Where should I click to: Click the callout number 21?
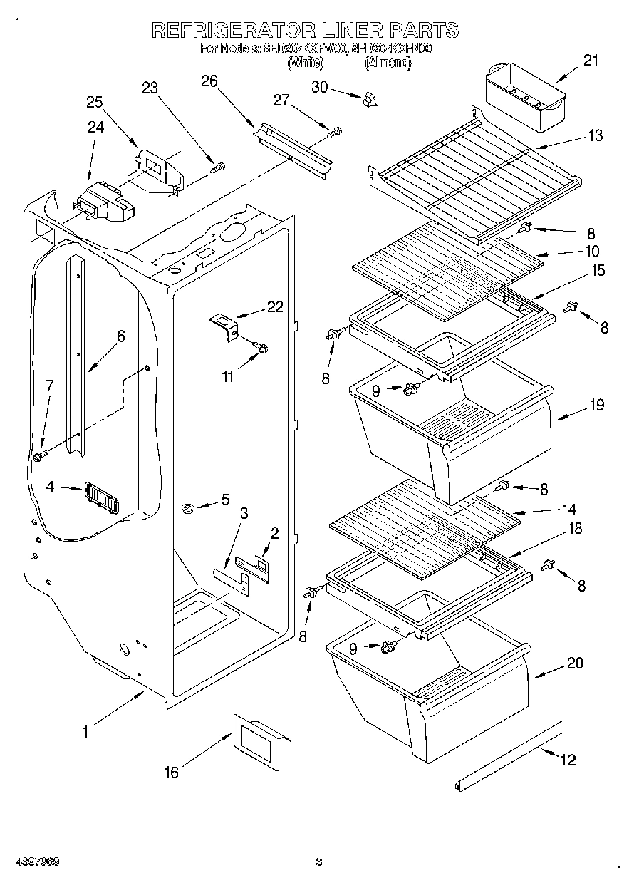[591, 61]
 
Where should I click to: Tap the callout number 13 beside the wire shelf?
[595, 135]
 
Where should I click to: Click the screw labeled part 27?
[334, 131]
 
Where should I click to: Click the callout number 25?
[95, 102]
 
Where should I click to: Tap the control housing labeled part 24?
[105, 201]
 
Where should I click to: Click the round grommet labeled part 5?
[189, 507]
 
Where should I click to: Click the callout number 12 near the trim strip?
[567, 760]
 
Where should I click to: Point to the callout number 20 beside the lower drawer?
[575, 663]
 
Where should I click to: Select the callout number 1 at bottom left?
[85, 730]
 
